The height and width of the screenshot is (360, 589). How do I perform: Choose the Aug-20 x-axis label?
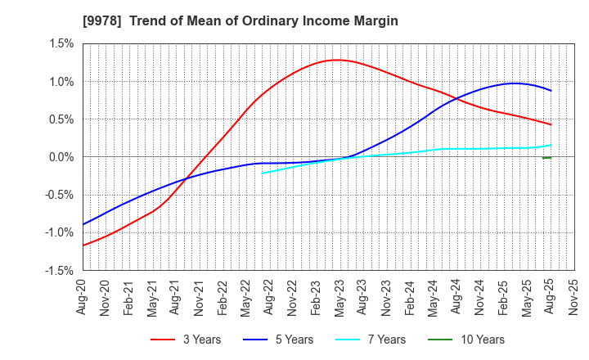coord(82,296)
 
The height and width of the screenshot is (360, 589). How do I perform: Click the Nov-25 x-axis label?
coord(573,296)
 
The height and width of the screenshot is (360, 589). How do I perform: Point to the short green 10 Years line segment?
coord(546,157)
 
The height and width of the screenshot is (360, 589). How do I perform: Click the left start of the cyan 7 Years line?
coord(262,173)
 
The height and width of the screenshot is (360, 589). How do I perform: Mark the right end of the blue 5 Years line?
coord(551,91)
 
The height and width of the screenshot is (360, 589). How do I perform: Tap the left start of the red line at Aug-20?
coord(83,245)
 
